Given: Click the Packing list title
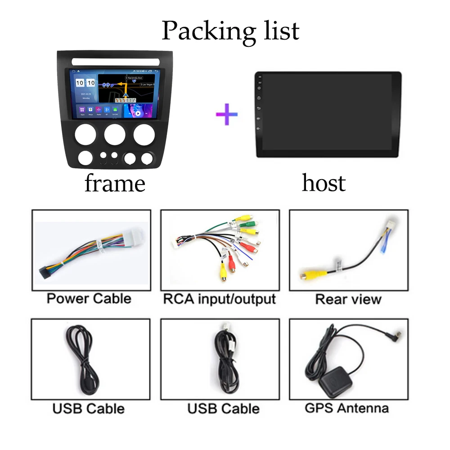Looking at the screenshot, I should point(230,31).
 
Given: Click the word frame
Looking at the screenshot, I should point(115,184).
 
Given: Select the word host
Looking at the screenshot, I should point(324,183).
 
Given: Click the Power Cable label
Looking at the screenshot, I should point(89,299).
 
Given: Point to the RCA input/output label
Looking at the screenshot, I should point(219,299).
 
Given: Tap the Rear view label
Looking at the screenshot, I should point(348,299).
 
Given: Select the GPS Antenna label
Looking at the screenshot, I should point(346,408).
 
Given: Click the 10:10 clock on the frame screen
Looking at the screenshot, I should point(85,84).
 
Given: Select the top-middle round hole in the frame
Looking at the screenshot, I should point(115,134).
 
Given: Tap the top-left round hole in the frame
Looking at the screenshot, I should point(85,134).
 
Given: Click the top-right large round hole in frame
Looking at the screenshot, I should point(144,134).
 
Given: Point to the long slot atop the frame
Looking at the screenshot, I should point(114,61).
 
